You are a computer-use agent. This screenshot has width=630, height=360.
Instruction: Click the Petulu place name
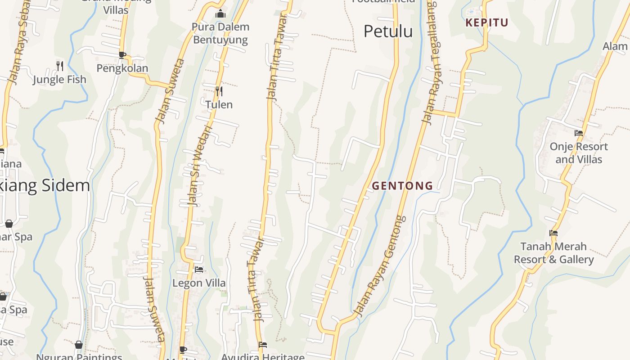tap(388, 31)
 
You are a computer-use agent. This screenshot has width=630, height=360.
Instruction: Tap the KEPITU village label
tap(487, 22)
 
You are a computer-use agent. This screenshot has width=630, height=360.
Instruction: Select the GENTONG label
tap(402, 185)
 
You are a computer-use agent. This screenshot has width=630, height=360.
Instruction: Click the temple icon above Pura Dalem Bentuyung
tap(220, 14)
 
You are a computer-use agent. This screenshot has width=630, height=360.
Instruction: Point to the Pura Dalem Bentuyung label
tap(220, 33)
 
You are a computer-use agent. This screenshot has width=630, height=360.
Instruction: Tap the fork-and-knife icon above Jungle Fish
tap(60, 66)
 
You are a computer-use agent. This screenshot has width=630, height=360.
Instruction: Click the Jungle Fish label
tap(59, 80)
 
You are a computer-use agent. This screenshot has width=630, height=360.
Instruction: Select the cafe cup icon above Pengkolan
tap(122, 55)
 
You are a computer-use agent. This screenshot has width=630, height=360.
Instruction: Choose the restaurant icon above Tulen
tap(219, 91)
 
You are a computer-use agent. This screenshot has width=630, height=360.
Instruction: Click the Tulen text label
tap(219, 105)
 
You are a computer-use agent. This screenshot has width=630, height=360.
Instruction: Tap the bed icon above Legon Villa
tap(199, 270)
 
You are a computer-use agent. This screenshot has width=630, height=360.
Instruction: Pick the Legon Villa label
tap(199, 283)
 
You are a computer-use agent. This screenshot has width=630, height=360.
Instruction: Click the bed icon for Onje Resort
tap(579, 133)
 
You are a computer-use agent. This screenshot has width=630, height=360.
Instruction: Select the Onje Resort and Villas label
tap(579, 153)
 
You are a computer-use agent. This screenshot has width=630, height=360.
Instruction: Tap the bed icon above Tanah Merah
tap(553, 233)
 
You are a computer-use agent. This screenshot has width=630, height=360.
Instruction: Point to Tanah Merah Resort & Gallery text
tap(553, 253)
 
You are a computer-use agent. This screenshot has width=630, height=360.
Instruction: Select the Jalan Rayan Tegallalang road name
tap(432, 63)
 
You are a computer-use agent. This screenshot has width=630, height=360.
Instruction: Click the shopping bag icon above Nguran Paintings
tap(79, 345)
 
